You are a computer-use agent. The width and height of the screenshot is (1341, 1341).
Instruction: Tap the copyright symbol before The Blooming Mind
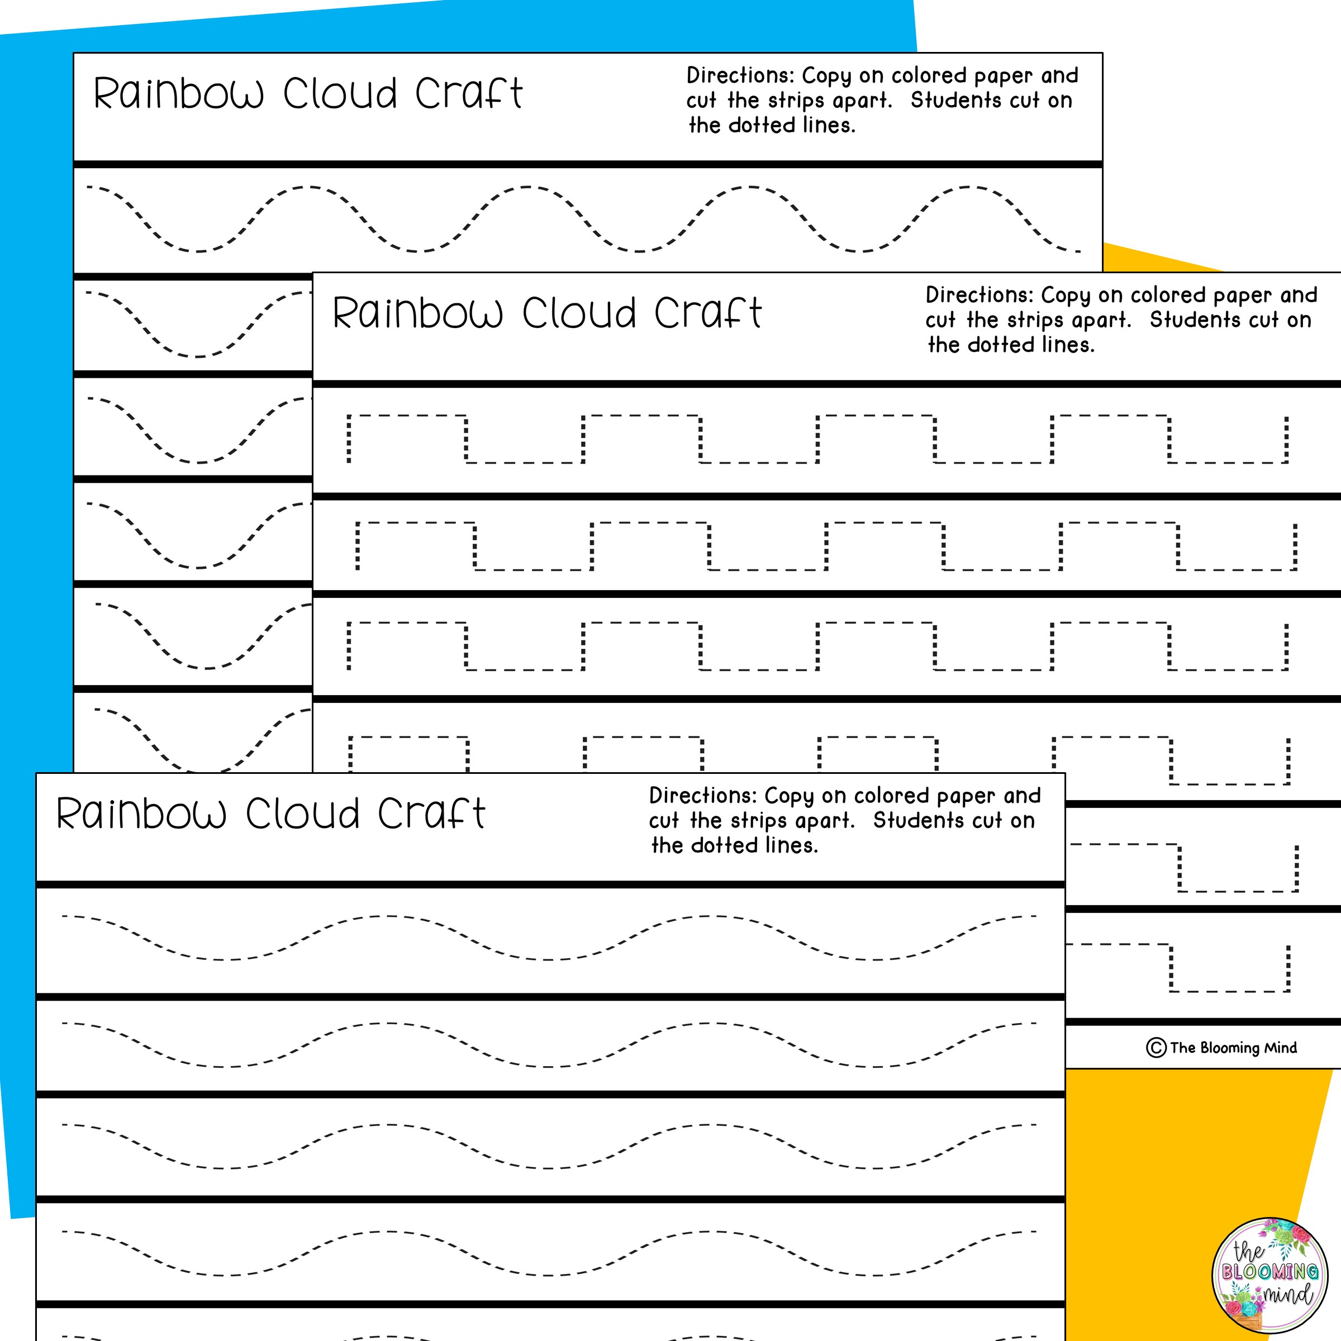[x=1155, y=1048]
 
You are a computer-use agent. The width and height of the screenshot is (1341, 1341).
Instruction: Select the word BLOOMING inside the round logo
[x=1269, y=1272]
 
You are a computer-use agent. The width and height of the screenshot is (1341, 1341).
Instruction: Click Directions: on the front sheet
[x=702, y=796]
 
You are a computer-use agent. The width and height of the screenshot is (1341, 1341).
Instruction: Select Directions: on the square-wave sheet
[x=979, y=295]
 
